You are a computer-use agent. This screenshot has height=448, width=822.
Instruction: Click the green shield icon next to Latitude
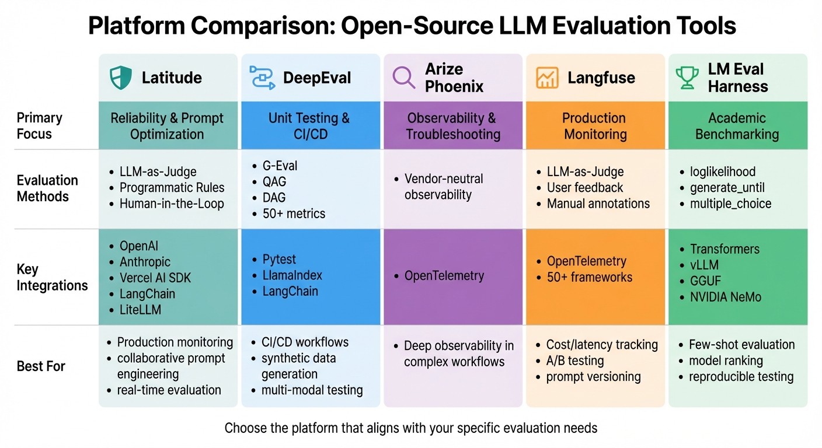121,78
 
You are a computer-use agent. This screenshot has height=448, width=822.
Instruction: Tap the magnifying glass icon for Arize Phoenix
403,78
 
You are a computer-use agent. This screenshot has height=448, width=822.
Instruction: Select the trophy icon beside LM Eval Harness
687,78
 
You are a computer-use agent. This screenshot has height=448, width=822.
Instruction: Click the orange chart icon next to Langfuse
547,78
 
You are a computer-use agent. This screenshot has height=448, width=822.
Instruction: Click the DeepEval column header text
317,78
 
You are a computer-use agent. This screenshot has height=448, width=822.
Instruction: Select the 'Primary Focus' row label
39,125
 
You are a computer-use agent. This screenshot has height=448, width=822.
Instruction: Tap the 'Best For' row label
41,366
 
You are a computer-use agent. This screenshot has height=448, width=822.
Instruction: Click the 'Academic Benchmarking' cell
737,126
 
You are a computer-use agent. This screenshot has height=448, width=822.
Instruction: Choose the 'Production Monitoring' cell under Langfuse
594,126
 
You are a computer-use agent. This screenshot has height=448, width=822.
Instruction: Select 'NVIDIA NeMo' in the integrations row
725,297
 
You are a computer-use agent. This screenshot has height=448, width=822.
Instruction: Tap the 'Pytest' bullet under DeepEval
279,259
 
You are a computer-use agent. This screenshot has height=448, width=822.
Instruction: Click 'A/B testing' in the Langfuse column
574,360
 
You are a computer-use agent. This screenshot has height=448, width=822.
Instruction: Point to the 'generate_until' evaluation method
727,188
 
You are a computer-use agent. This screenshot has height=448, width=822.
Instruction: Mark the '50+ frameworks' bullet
589,277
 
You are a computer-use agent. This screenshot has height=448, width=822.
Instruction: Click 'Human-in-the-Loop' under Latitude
172,204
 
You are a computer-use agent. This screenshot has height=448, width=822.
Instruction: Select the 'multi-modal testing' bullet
312,390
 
